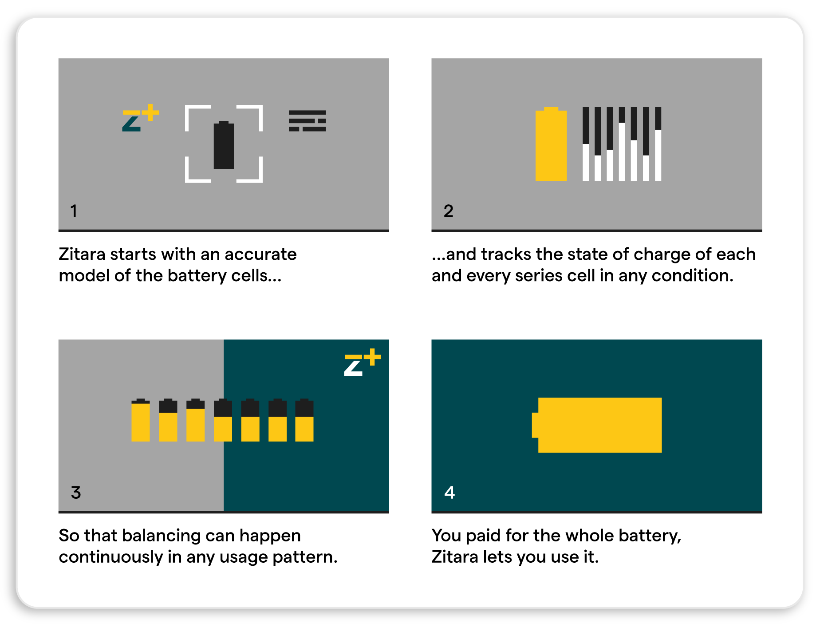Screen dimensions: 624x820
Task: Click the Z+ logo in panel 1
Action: (140, 118)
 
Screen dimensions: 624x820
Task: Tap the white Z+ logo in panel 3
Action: (362, 362)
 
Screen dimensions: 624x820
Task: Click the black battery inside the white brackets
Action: (224, 145)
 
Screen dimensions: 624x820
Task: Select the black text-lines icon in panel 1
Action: (307, 121)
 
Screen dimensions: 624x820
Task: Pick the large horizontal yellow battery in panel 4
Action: (597, 425)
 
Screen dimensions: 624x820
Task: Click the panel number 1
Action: (74, 211)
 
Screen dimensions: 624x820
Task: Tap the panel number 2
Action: (448, 211)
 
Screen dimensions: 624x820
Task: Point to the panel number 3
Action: (76, 493)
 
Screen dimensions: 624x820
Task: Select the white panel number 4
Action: (449, 493)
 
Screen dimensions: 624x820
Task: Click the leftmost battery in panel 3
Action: (141, 420)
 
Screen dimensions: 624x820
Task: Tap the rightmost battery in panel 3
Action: (304, 420)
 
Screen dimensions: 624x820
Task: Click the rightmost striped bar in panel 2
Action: (658, 144)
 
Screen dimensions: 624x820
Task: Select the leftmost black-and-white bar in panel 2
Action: (586, 144)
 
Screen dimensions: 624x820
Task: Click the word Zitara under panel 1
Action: (82, 254)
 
